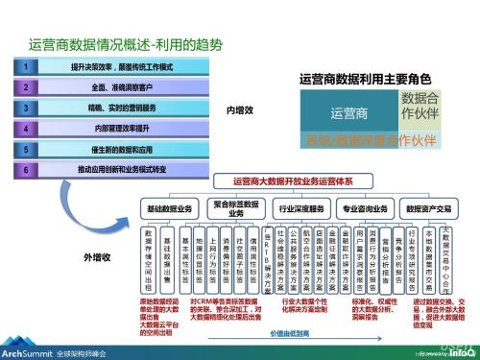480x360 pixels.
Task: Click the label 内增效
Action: [239, 110]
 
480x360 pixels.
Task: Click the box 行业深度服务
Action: [300, 207]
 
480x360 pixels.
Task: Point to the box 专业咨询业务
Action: [366, 207]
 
